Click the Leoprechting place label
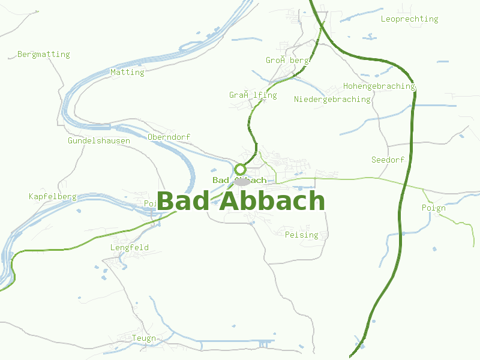tap(409, 19)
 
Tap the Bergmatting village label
tap(43, 55)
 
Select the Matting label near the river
tap(127, 73)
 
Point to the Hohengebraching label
tap(379, 86)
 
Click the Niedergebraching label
tap(332, 100)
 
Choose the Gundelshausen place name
tap(99, 141)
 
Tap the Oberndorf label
tap(169, 137)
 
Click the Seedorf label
tap(388, 160)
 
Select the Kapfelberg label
tap(52, 197)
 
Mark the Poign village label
tap(433, 208)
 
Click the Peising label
tap(302, 235)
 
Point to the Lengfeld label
tap(129, 248)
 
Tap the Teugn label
tap(144, 338)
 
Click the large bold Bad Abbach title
tap(240, 202)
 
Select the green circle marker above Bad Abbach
tap(241, 169)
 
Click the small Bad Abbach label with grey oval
tap(239, 181)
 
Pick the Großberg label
tap(287, 61)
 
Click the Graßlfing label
tap(253, 95)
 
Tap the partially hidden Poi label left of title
tap(150, 204)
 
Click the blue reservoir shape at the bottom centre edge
tap(264, 344)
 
